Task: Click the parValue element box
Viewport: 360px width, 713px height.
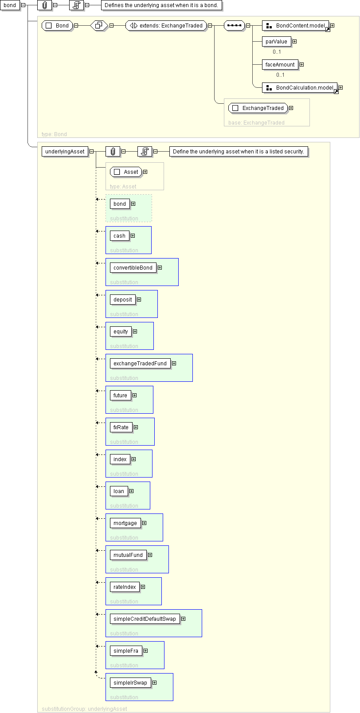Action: click(x=276, y=41)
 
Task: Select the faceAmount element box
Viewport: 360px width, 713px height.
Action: click(x=280, y=65)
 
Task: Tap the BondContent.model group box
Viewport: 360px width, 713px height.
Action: click(x=295, y=25)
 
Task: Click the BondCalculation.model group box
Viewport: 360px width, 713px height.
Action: click(x=300, y=87)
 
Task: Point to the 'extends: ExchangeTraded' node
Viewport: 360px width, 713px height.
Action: click(x=166, y=25)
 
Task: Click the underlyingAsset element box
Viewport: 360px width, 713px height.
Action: click(x=65, y=152)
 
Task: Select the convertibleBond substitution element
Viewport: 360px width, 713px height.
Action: click(x=133, y=268)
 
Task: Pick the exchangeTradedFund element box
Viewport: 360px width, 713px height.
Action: click(x=140, y=364)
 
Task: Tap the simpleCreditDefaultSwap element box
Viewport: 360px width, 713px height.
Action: click(x=145, y=619)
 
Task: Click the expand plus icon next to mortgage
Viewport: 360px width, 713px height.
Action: click(x=144, y=523)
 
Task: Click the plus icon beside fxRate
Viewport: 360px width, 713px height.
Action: click(x=136, y=427)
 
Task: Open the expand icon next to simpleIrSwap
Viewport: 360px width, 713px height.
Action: click(x=154, y=682)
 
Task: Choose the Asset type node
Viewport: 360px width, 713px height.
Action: click(x=126, y=172)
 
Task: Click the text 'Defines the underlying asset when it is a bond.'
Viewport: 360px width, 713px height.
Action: click(x=161, y=5)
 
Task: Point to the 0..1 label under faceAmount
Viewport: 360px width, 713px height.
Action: click(x=281, y=75)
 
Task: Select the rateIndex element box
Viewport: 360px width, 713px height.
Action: click(x=125, y=587)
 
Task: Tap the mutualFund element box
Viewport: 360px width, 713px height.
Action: click(x=128, y=555)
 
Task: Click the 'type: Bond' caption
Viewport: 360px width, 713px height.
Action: click(x=54, y=134)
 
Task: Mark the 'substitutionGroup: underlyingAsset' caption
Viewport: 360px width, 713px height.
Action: click(x=84, y=709)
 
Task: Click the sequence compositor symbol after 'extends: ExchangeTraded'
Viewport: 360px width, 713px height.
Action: click(x=235, y=25)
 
